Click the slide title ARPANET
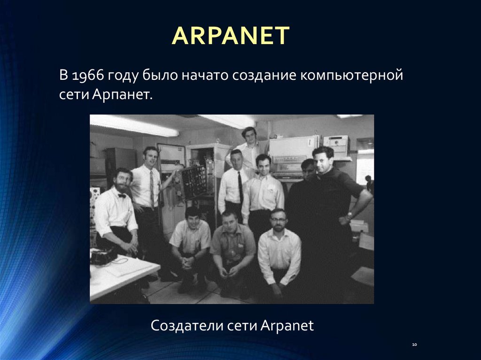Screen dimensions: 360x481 point(231,36)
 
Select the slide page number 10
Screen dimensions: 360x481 point(414,345)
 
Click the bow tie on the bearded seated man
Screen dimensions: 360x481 point(122,195)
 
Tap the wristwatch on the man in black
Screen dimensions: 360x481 point(349,216)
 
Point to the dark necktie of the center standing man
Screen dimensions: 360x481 point(240,187)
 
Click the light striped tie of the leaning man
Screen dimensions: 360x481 point(152,188)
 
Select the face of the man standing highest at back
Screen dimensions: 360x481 point(249,135)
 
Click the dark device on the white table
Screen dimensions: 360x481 point(103,256)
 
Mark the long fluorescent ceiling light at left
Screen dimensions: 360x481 point(134,125)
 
